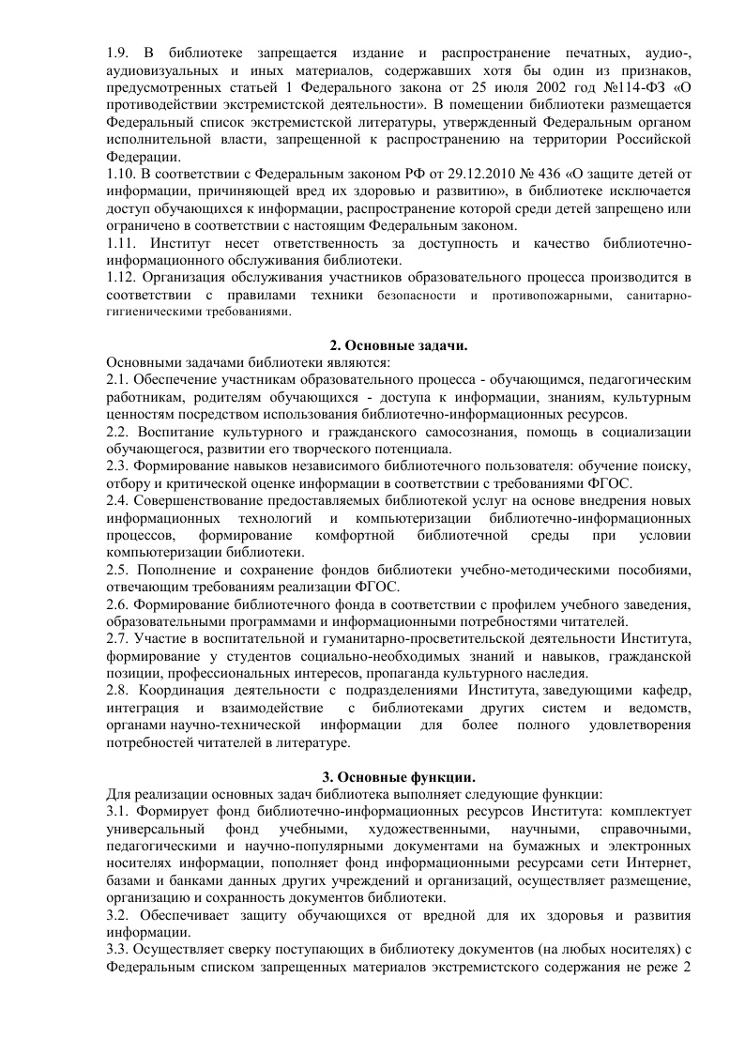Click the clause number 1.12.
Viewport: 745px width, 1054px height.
tap(121, 279)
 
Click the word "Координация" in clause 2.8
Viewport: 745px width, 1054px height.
tap(181, 691)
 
